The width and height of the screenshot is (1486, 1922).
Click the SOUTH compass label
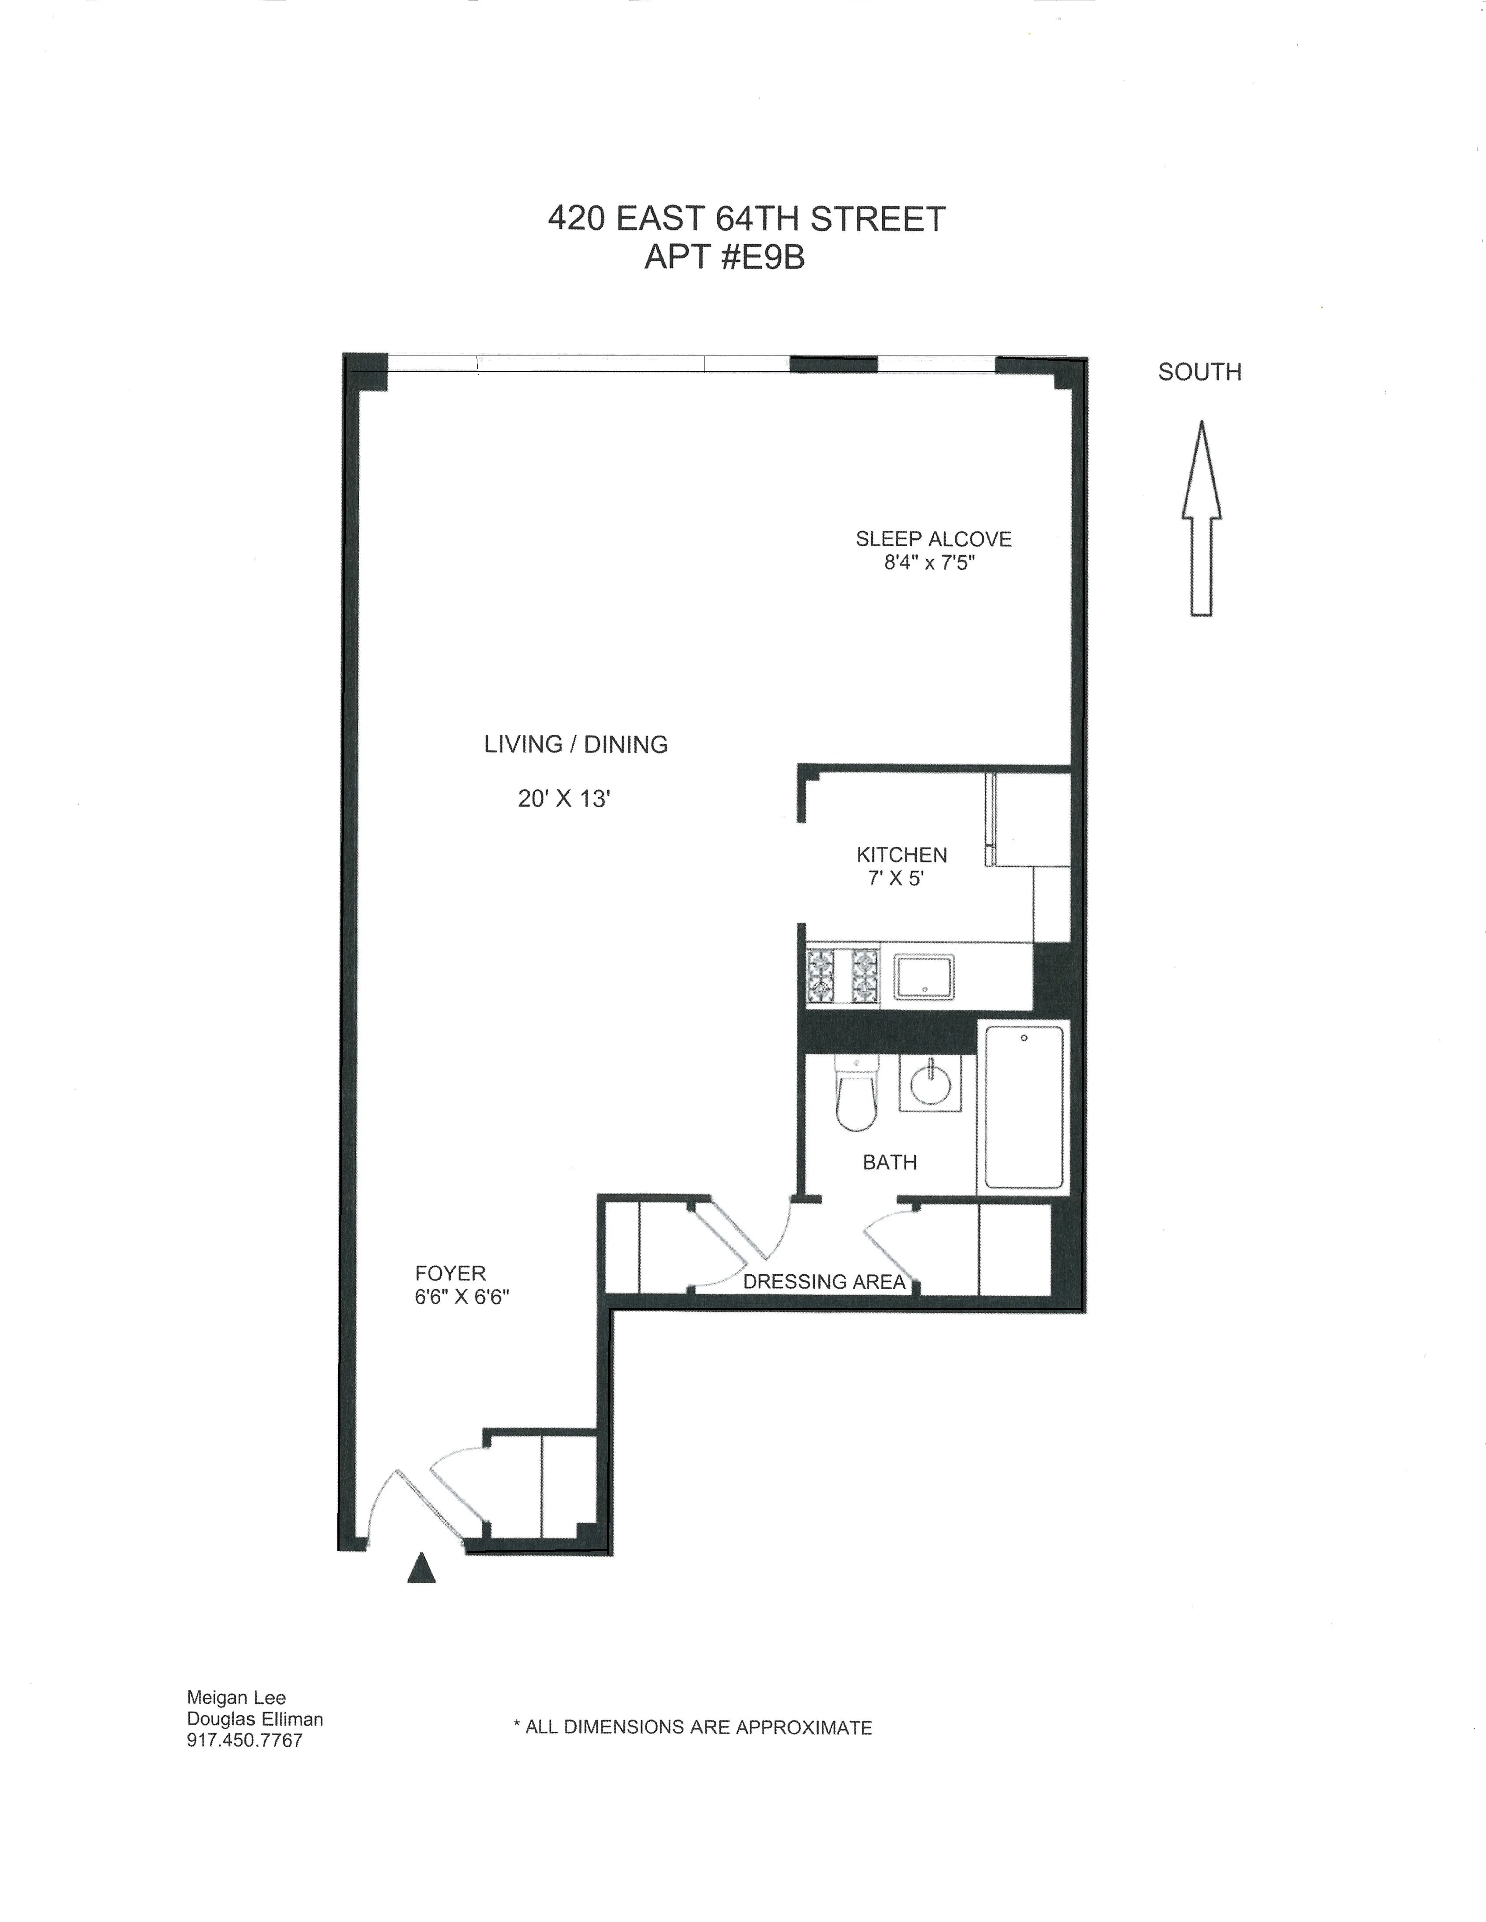[1199, 372]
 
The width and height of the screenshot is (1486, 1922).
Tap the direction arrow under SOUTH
[1201, 519]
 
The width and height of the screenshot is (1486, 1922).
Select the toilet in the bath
[856, 1094]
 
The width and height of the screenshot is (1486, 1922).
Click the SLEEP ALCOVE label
[933, 539]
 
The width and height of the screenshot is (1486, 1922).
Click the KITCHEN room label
[901, 855]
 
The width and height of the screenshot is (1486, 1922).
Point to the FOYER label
[450, 1273]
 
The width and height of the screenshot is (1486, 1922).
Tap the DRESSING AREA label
[824, 1281]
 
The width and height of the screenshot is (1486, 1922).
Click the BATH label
[889, 1162]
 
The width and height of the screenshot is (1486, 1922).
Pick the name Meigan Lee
[236, 1698]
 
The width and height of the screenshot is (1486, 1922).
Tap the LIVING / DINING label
[576, 744]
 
